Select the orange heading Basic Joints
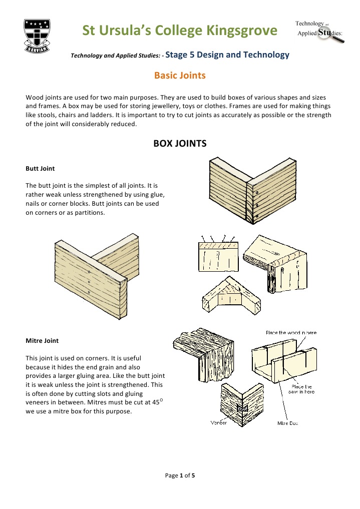[180, 76]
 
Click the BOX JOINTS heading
[180, 144]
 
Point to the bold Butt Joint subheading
[40, 169]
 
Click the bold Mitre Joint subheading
[42, 340]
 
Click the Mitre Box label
[288, 423]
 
